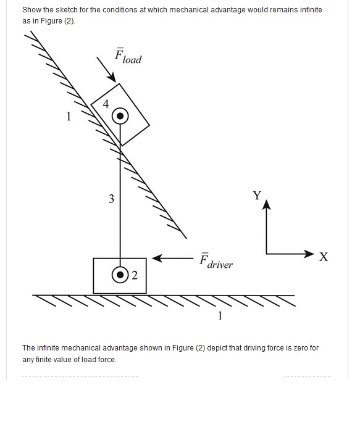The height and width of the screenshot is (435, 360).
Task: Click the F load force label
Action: point(128,56)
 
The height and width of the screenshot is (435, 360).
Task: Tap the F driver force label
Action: point(216,261)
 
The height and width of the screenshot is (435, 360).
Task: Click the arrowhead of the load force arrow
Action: point(112,77)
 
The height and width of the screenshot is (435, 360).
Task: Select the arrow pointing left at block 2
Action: point(173,259)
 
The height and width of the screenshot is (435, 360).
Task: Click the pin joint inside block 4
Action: point(120,116)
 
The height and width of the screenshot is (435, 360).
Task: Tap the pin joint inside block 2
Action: point(120,275)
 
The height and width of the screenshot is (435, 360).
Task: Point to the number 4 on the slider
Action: point(106,104)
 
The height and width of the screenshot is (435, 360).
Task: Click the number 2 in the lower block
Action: point(135,275)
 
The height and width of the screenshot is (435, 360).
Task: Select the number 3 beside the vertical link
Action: point(111,199)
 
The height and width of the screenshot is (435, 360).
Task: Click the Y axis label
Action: point(257,196)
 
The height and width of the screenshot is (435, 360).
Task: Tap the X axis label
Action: point(324,257)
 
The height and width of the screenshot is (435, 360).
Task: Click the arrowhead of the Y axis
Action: point(266,204)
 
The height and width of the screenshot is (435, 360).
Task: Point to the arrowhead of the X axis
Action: point(309,254)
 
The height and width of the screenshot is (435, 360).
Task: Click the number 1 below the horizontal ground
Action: point(220,316)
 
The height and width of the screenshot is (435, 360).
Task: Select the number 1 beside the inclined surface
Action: point(69,116)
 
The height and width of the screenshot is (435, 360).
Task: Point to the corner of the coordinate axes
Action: point(266,254)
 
